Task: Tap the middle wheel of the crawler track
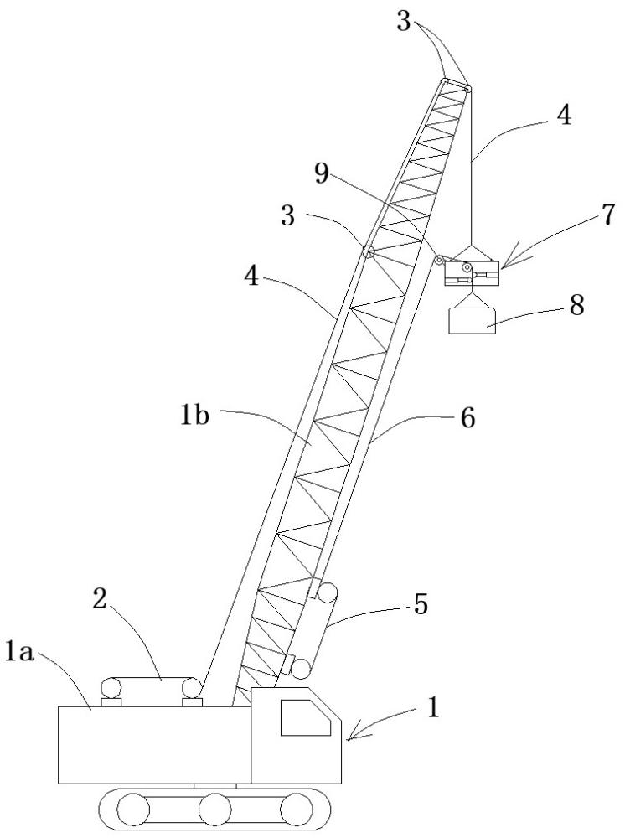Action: coord(216,810)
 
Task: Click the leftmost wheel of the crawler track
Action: coord(134,810)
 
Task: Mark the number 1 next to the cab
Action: coord(432,708)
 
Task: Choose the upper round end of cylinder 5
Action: coord(326,595)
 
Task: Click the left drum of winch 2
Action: coord(111,688)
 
